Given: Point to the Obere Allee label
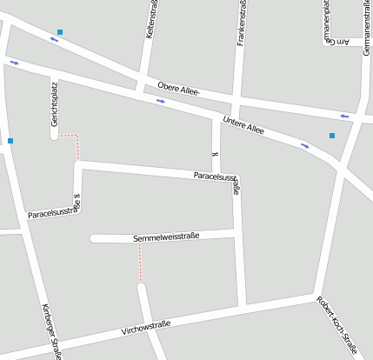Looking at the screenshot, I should coord(179,89).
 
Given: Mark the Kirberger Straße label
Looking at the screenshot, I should coord(51,331).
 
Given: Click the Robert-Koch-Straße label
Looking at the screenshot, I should coord(336,325).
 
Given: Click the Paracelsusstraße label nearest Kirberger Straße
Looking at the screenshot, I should coord(54,210).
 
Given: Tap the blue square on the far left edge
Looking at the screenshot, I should coord(10,140).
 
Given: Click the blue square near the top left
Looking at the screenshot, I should coord(60,32).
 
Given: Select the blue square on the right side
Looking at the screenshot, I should coord(331,135).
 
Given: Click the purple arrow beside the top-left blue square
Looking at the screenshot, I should coord(55,40).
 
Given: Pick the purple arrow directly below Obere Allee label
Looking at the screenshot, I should coord(160,101).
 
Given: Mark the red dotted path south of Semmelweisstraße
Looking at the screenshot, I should coord(140,262).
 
